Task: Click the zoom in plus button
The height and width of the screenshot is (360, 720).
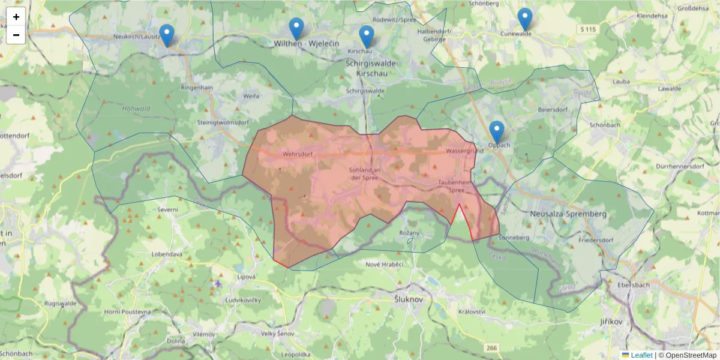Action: coord(16,17)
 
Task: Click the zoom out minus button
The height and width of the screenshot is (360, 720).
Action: coord(16,35)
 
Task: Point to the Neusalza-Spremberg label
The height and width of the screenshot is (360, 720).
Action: coord(569,214)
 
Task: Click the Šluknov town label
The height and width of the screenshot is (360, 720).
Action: coord(410,299)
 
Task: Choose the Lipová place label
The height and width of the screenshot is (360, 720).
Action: coord(247,277)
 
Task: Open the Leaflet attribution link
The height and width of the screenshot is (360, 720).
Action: coord(641,355)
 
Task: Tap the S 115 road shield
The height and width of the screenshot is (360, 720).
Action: coord(589,29)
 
